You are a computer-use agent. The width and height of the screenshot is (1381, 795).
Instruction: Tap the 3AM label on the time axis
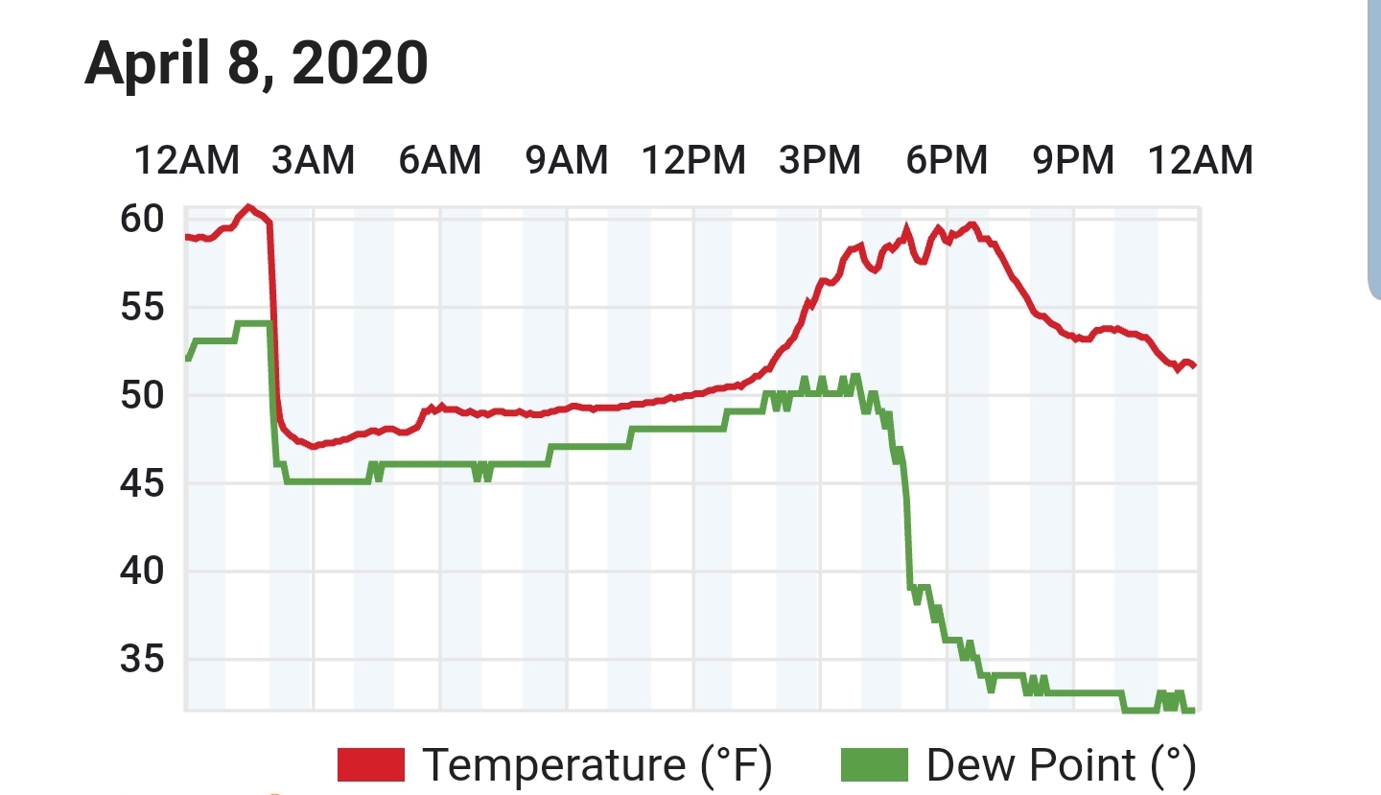click(x=314, y=160)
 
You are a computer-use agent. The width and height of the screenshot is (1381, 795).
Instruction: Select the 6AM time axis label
click(x=439, y=160)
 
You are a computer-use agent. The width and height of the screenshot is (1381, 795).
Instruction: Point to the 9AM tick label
click(x=567, y=160)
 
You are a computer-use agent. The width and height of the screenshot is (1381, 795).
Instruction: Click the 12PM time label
click(x=693, y=160)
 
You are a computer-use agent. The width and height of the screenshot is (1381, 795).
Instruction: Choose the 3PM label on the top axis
click(x=819, y=160)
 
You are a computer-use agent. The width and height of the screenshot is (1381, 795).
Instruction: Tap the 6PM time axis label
click(x=947, y=160)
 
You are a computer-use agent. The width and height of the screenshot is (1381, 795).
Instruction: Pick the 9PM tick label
click(x=1073, y=160)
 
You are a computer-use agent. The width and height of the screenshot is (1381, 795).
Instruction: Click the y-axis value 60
click(x=142, y=219)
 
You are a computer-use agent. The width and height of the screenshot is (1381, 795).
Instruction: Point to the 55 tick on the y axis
click(x=142, y=307)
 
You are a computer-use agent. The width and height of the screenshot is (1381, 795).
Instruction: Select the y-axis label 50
click(x=142, y=395)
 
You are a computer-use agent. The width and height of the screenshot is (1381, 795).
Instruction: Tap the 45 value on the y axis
click(x=142, y=483)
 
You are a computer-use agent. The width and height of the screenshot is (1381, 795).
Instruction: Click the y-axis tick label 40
click(x=142, y=572)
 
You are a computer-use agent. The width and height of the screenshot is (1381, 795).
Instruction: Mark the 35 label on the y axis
click(x=142, y=660)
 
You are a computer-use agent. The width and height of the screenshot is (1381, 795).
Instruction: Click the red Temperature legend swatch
click(x=371, y=765)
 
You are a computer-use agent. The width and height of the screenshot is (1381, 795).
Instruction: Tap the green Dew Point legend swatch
click(x=875, y=765)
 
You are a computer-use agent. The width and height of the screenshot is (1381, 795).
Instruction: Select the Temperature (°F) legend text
click(x=597, y=765)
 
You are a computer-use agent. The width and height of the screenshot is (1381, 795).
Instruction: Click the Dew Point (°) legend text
click(x=1061, y=765)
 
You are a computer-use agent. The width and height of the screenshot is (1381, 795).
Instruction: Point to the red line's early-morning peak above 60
click(x=248, y=207)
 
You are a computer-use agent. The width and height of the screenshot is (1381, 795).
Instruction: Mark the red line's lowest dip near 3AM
click(x=314, y=446)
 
